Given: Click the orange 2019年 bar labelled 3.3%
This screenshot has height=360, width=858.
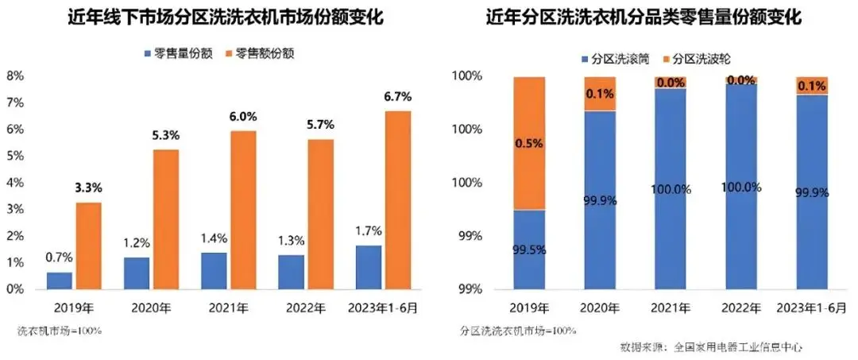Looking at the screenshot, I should point(89,246).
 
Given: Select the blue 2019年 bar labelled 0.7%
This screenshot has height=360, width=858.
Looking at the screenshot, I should point(59,281).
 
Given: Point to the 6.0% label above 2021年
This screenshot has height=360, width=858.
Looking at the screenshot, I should point(243,117).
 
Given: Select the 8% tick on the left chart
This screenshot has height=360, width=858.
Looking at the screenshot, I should point(15,76).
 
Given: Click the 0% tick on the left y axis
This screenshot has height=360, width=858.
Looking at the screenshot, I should point(15,289).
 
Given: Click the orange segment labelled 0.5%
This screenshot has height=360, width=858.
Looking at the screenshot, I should point(529,143).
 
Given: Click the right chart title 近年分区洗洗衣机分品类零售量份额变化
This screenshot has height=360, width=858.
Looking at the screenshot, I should point(643,17).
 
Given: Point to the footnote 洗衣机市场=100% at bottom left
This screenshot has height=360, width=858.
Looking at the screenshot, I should point(60,329).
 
